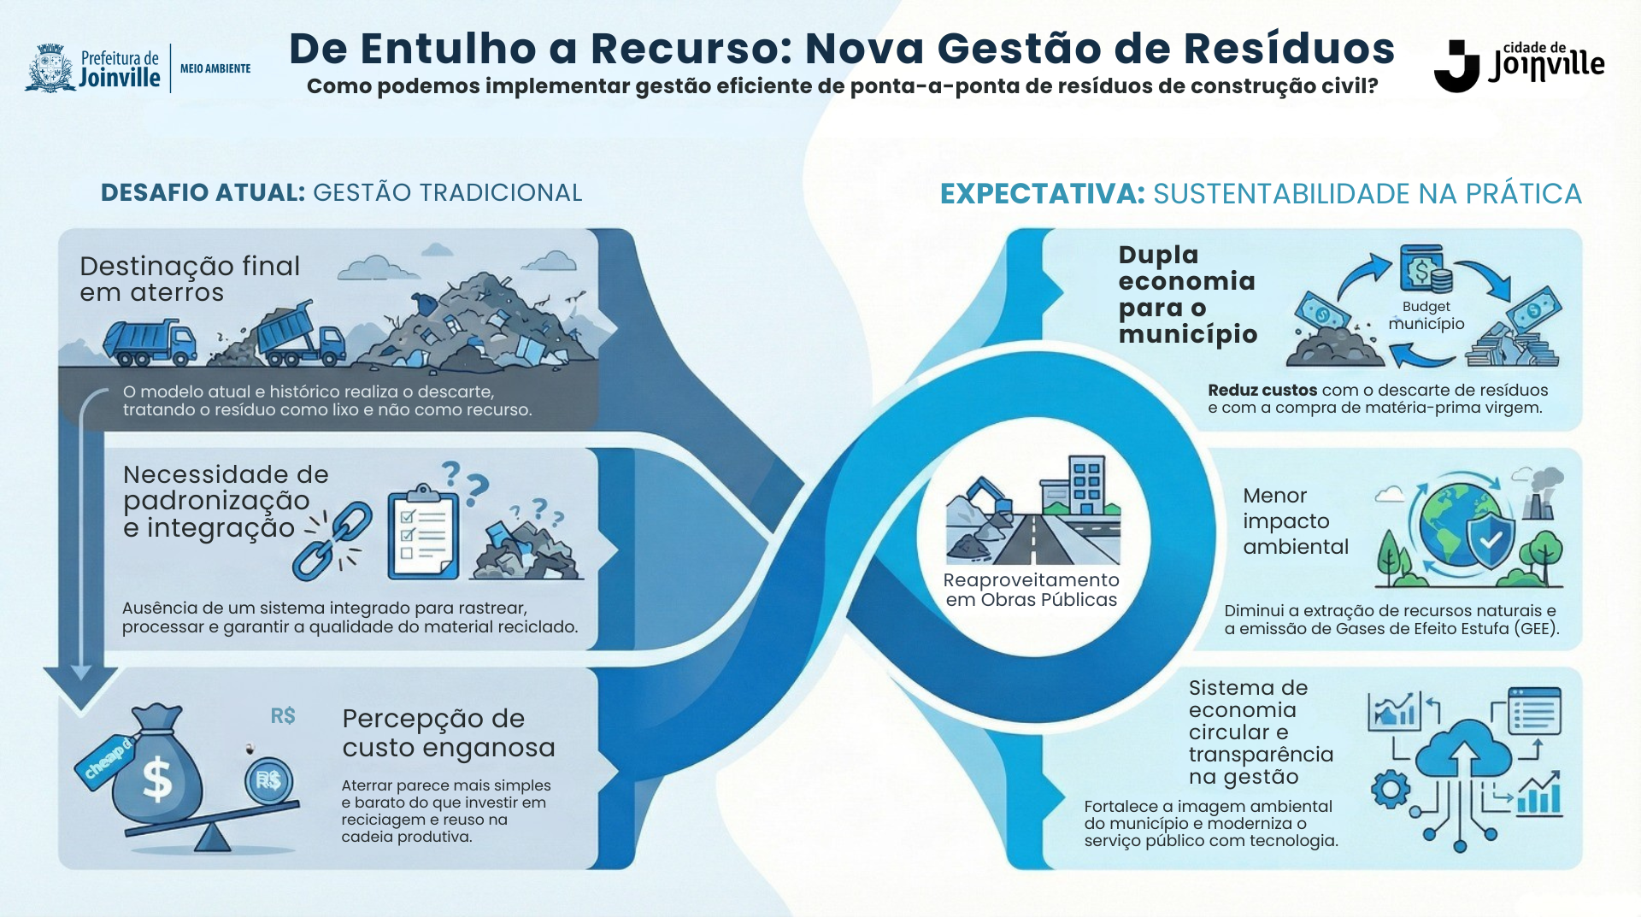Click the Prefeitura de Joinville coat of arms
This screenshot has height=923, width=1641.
tap(51, 68)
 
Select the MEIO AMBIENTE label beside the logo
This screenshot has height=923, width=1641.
tap(215, 68)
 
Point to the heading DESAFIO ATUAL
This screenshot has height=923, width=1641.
tap(203, 193)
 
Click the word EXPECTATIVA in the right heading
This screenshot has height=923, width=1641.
tap(1042, 194)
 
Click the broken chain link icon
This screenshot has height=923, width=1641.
tap(333, 539)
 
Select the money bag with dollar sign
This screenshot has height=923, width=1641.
tap(156, 767)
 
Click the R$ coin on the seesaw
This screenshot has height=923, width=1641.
tap(268, 780)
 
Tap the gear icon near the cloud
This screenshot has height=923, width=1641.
tap(1390, 789)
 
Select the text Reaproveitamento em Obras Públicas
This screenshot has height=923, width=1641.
tap(1032, 590)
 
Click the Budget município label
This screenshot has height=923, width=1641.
tap(1426, 315)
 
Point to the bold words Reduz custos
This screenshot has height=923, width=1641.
tap(1262, 391)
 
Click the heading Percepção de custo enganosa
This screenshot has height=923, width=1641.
tap(448, 733)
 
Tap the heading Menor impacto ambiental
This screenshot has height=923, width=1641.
tap(1295, 521)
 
